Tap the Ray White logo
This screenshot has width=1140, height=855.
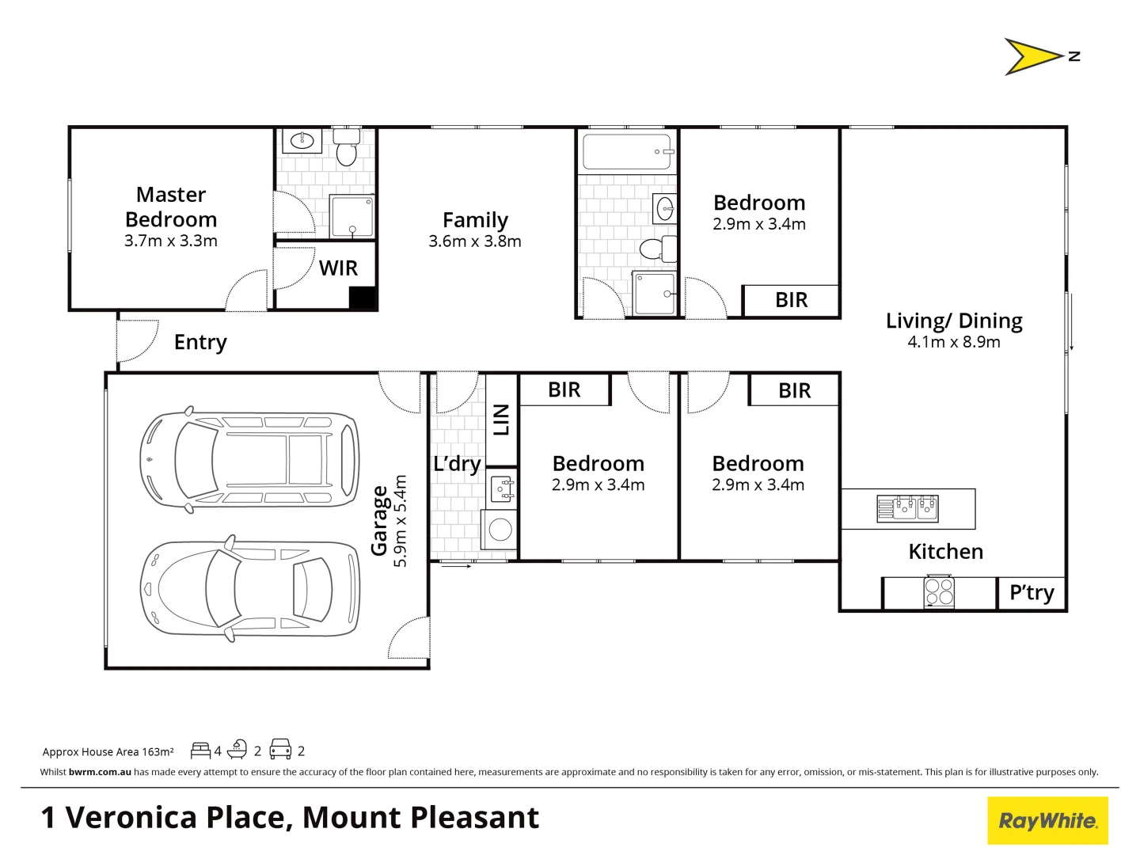click(1047, 821)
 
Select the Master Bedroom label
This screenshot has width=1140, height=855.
click(171, 207)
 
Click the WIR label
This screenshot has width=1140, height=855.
click(338, 268)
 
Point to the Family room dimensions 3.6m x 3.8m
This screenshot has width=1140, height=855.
click(475, 241)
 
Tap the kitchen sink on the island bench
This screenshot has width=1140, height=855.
click(907, 507)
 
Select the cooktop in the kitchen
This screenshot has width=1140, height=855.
click(939, 592)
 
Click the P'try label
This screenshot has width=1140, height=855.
click(1032, 593)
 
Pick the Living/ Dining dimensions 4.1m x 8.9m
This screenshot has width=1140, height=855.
click(954, 342)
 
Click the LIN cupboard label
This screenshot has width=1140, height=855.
click(501, 420)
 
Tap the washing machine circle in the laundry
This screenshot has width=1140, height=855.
click(500, 529)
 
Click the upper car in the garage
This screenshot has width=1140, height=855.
click(249, 459)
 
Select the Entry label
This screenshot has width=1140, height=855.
click(200, 342)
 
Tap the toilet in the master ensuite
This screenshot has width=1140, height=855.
click(346, 150)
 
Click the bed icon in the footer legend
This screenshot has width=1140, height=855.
click(200, 750)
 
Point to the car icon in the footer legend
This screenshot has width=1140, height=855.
click(280, 750)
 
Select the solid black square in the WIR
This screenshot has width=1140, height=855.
click(362, 298)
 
